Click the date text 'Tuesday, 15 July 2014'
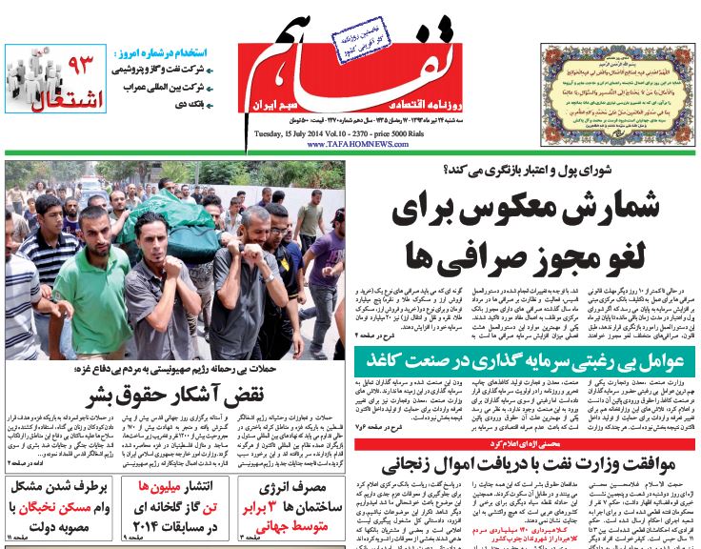(x=294, y=134)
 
